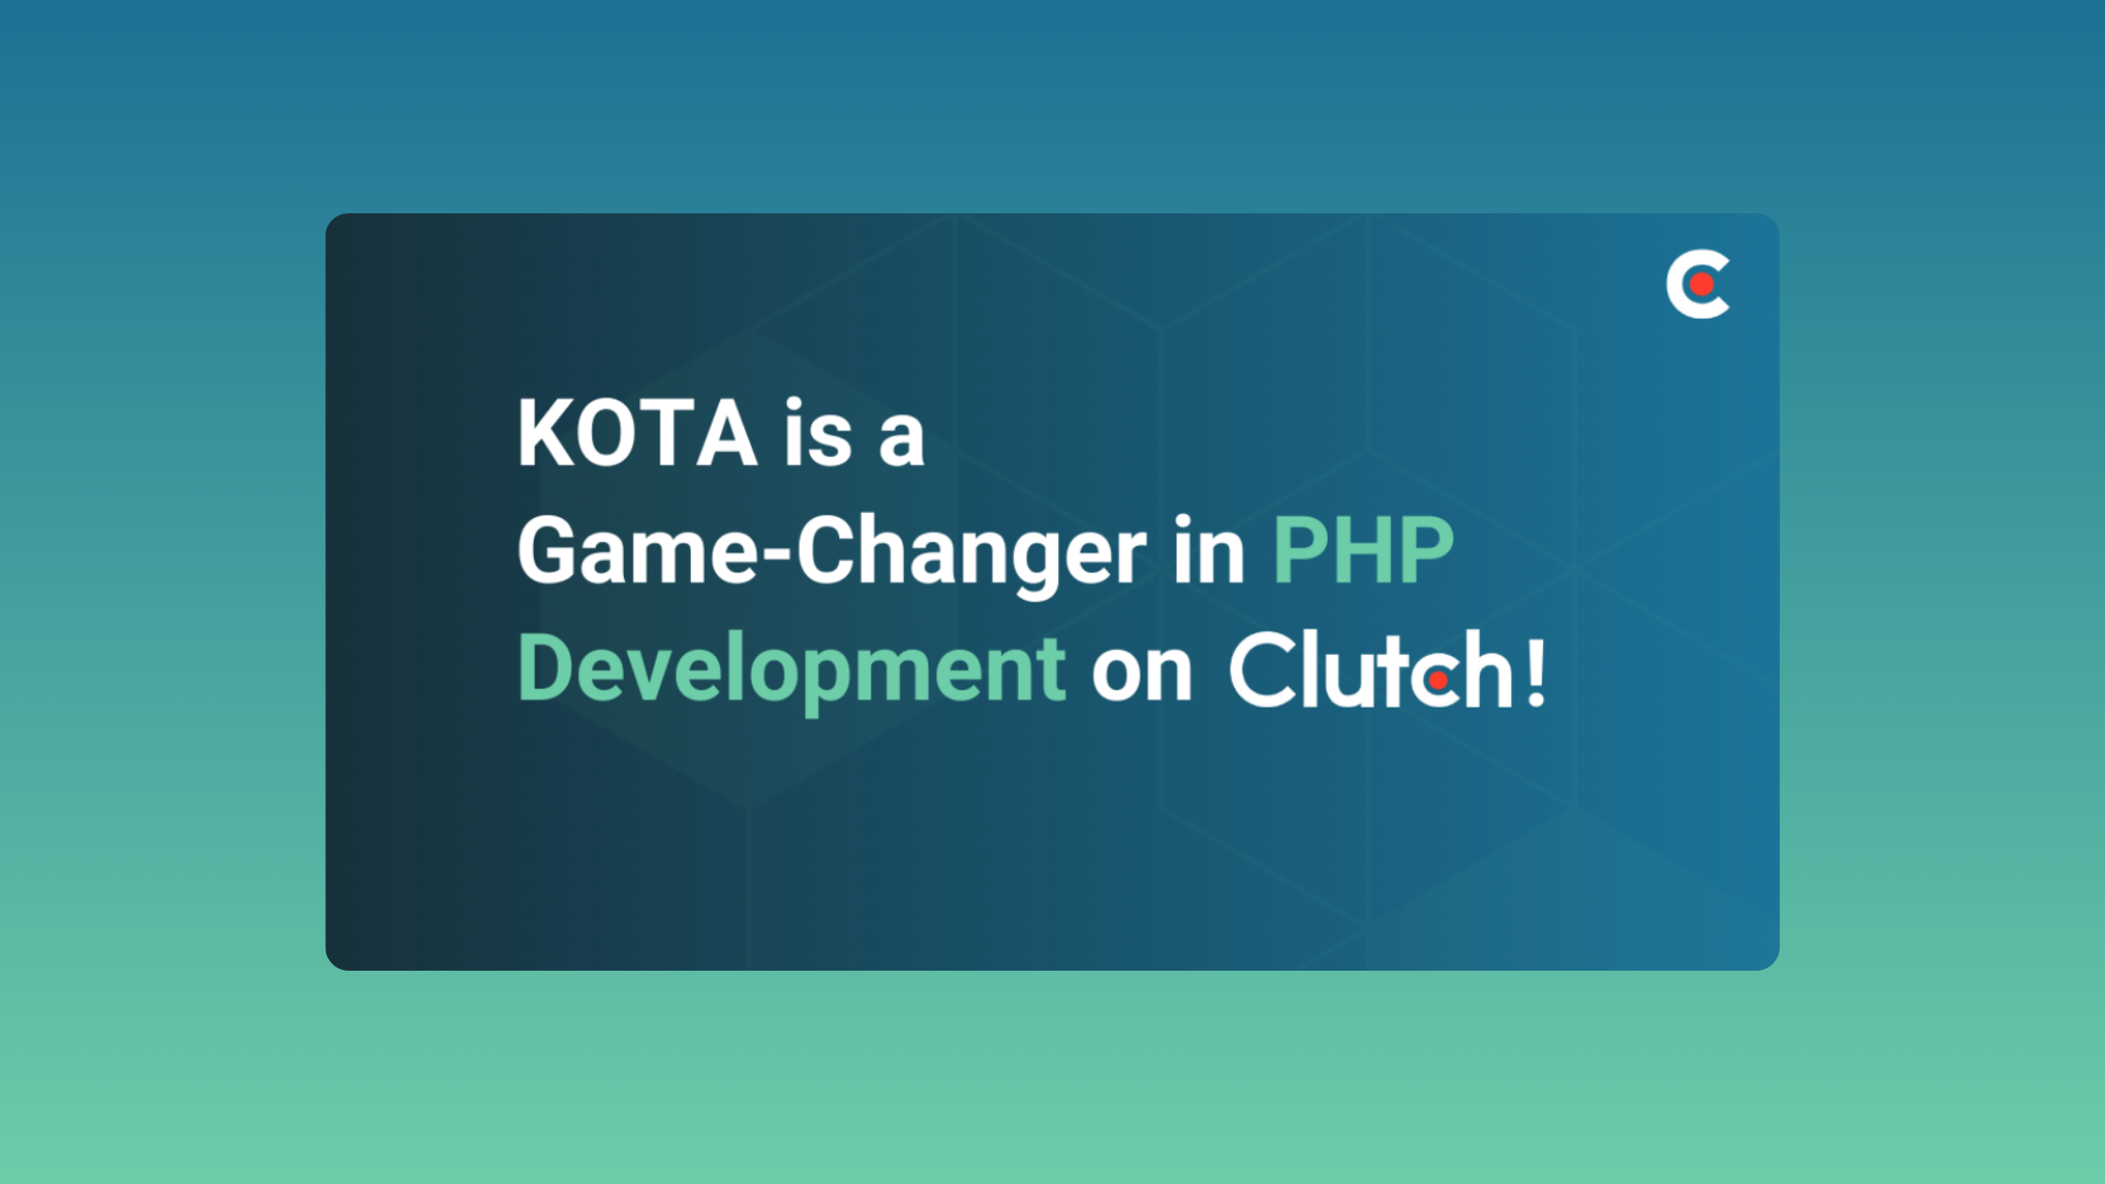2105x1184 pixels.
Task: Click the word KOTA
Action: click(x=637, y=432)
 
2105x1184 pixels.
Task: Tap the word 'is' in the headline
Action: click(x=818, y=432)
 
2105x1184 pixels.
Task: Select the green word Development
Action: click(x=791, y=671)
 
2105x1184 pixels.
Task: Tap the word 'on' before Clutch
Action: click(x=1142, y=676)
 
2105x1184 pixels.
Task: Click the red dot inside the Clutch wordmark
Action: click(x=1438, y=679)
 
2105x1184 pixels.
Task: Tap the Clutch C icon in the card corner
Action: click(x=1697, y=284)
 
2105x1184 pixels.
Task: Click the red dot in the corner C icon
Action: click(x=1701, y=284)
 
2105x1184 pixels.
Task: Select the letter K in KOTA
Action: click(x=544, y=432)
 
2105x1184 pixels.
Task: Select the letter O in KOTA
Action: click(x=608, y=432)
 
